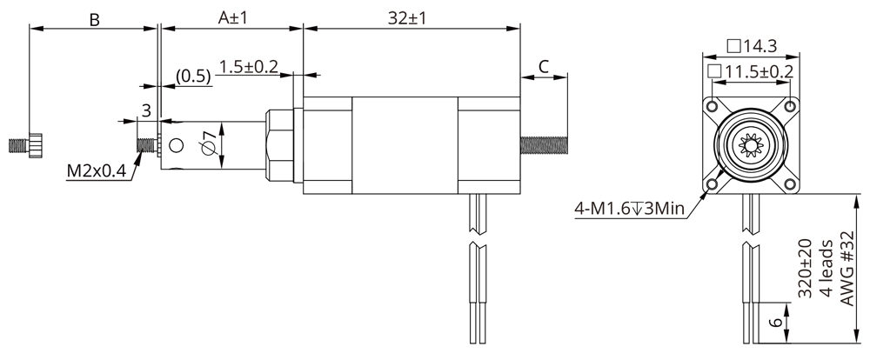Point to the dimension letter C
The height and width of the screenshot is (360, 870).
(544, 66)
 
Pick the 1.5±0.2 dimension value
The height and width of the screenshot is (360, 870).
(249, 67)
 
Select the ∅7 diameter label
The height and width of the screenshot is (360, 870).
(208, 142)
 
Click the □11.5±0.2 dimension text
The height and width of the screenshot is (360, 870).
(751, 70)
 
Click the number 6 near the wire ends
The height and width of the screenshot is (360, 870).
(774, 323)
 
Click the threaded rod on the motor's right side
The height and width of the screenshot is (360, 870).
(546, 144)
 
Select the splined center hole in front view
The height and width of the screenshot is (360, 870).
(751, 145)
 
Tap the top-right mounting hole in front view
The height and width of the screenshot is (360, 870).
(790, 106)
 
